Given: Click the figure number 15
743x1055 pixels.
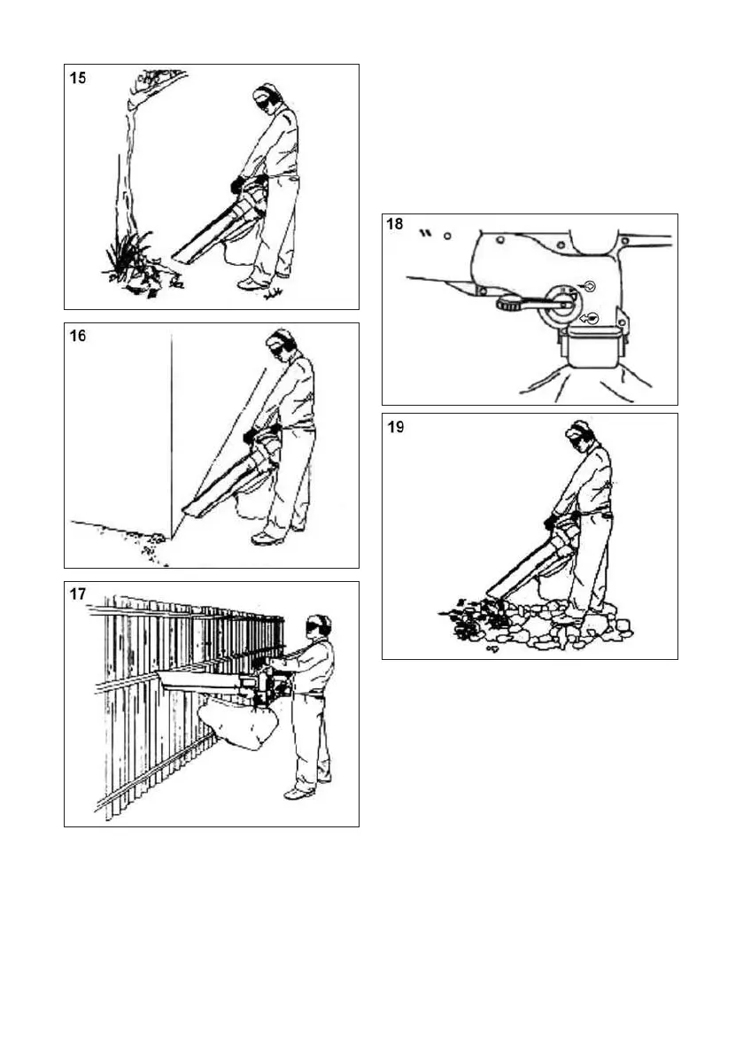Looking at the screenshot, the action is tap(79, 79).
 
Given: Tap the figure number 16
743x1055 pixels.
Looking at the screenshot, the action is tap(79, 337).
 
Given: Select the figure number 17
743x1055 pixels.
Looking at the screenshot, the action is tap(79, 595).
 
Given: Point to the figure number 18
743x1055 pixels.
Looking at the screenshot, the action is tap(395, 225).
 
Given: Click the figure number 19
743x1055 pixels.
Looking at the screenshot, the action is tap(396, 427).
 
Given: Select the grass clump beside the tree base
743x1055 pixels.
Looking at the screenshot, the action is tap(124, 252).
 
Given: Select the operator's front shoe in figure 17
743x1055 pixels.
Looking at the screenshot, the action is tap(297, 794).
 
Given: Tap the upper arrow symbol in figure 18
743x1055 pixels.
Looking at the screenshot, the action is tap(589, 286).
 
